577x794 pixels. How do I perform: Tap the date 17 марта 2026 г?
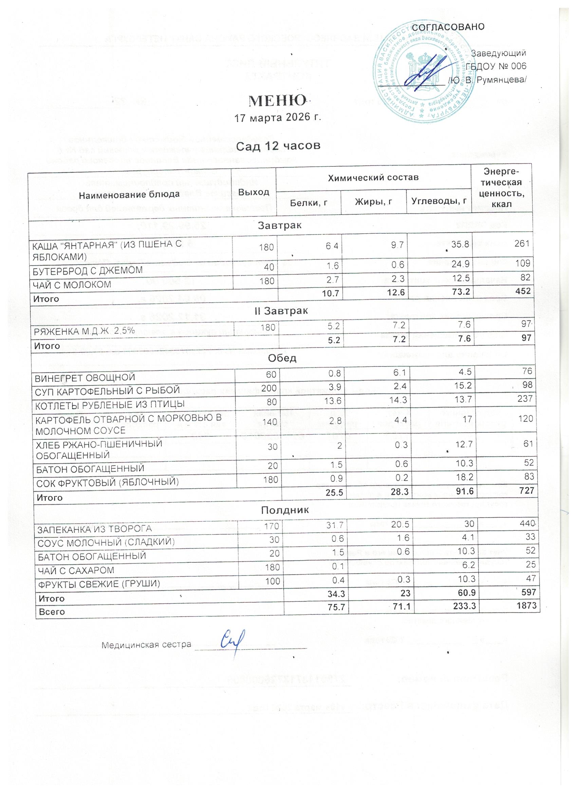click(278, 118)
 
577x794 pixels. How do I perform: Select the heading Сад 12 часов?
click(278, 146)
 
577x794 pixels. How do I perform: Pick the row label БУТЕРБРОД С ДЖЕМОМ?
click(88, 270)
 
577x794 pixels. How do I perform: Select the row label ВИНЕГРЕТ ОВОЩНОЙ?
click(84, 377)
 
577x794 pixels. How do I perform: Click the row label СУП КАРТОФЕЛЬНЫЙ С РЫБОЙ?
click(107, 390)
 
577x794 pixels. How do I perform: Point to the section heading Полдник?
click(285, 509)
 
